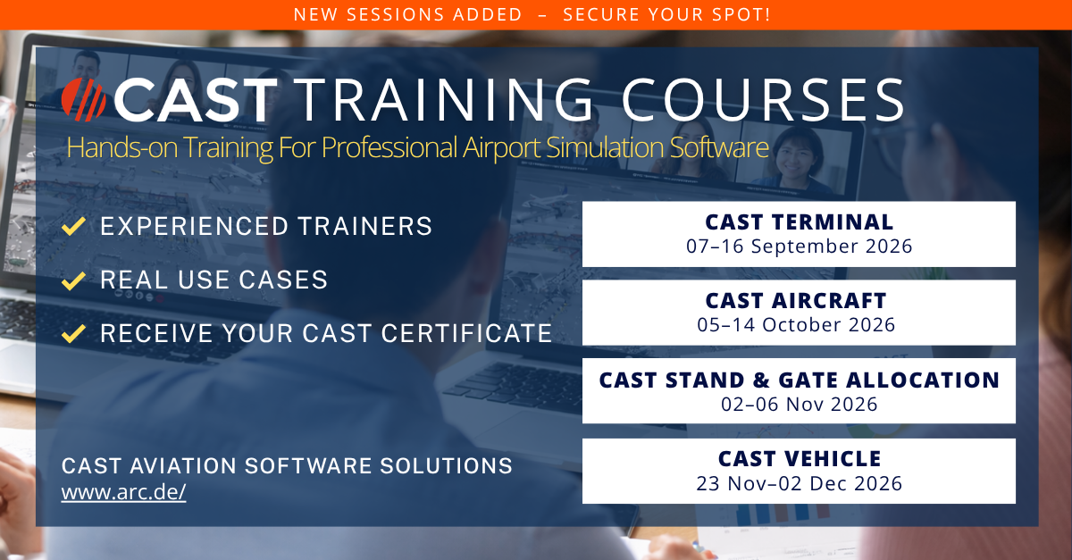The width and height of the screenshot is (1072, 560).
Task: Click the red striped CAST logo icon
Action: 84,99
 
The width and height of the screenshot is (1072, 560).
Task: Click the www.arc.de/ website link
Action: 123,492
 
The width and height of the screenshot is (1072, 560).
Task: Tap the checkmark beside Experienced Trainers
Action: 73,226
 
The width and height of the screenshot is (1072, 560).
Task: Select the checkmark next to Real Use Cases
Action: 73,280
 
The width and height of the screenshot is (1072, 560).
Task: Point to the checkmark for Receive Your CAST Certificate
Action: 73,334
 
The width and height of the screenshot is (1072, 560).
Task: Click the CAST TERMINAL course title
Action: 799,222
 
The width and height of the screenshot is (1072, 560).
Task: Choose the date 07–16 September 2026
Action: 799,246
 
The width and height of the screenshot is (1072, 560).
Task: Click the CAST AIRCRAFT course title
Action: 796,301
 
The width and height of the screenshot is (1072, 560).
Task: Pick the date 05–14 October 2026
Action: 796,324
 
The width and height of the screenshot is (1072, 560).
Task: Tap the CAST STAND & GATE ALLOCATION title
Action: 799,380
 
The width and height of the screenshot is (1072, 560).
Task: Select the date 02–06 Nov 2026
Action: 799,404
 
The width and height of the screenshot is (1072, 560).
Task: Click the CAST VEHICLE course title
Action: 800,458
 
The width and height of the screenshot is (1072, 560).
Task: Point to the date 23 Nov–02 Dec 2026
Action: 799,483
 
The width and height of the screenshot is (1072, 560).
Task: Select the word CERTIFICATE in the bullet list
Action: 466,333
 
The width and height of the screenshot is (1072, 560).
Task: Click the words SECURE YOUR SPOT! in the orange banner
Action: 666,15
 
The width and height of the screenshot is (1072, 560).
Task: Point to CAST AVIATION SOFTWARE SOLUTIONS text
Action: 287,465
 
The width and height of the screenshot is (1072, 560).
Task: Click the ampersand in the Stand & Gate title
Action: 760,380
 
